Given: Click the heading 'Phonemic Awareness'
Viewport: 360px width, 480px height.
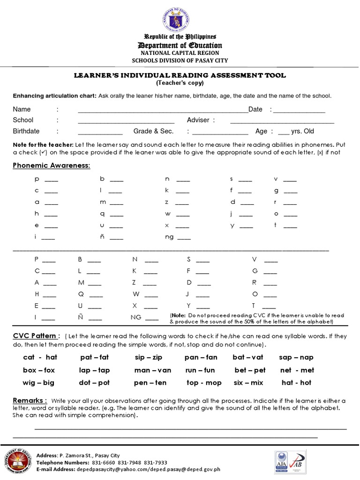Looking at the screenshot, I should click(52, 165).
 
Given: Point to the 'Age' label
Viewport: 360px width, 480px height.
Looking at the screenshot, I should click(261, 131).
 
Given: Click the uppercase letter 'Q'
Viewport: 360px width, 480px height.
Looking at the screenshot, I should click(81, 294).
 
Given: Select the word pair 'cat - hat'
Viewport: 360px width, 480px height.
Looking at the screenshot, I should click(40, 357).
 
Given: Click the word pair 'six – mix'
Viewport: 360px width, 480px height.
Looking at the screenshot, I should click(248, 382).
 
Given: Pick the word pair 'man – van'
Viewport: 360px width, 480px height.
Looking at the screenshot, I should click(153, 370).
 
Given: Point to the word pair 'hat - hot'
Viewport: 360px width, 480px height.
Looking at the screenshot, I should click(296, 382).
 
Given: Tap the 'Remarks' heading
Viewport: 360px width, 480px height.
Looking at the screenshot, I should click(30, 401).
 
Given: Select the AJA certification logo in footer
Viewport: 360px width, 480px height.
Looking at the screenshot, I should click(281, 462).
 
